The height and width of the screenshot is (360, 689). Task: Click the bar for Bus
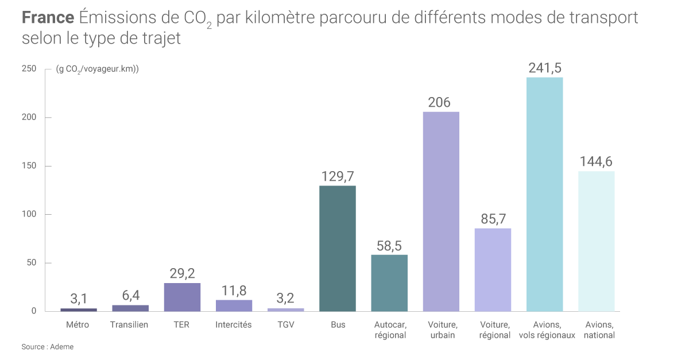pyautogui.click(x=338, y=249)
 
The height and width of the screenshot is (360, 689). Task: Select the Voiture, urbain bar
pyautogui.click(x=441, y=211)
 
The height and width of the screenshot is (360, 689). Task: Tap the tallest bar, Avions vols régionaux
pyautogui.click(x=544, y=194)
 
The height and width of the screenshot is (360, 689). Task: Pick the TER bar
pyautogui.click(x=182, y=297)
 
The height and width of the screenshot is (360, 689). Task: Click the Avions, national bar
pyautogui.click(x=596, y=241)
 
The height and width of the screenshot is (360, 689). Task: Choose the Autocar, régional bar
pyautogui.click(x=389, y=283)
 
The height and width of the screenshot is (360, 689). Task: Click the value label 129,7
pyautogui.click(x=338, y=176)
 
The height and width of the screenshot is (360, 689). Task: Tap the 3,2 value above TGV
pyautogui.click(x=285, y=299)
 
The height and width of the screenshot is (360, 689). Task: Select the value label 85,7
pyautogui.click(x=493, y=219)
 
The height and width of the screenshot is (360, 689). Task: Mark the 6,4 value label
pyautogui.click(x=130, y=296)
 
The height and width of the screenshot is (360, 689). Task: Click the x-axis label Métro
pyautogui.click(x=78, y=325)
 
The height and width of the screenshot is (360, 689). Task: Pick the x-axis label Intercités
pyautogui.click(x=234, y=325)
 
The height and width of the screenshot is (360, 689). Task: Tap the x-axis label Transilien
pyautogui.click(x=129, y=325)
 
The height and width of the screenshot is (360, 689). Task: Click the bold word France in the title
pyautogui.click(x=48, y=18)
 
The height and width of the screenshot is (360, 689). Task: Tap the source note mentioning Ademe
pyautogui.click(x=48, y=347)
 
